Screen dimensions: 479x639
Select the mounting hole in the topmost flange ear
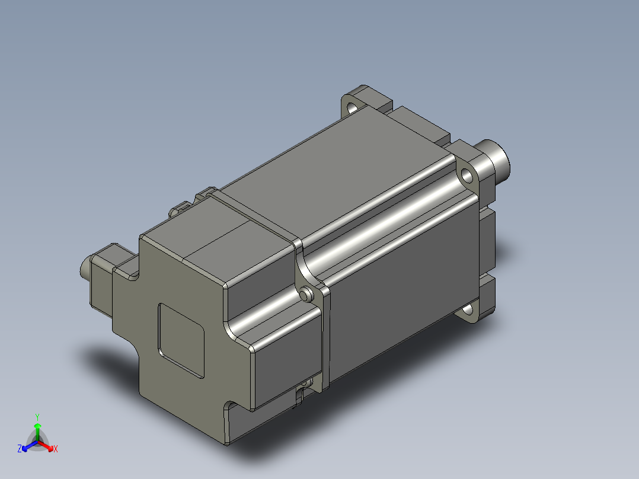pos(353,108)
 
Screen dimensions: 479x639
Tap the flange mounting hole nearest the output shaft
pos(467,175)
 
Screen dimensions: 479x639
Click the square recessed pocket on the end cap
pos(181,339)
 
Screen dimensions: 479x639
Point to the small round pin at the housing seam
pos(306,294)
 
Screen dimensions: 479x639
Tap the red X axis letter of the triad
pos(55,449)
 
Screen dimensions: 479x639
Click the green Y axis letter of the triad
pos(37,417)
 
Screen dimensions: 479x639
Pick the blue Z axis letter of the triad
pos(20,449)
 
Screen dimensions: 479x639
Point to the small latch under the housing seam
pos(301,394)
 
